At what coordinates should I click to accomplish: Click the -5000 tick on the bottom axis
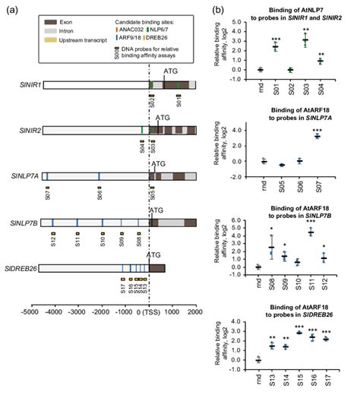(30, 311)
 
